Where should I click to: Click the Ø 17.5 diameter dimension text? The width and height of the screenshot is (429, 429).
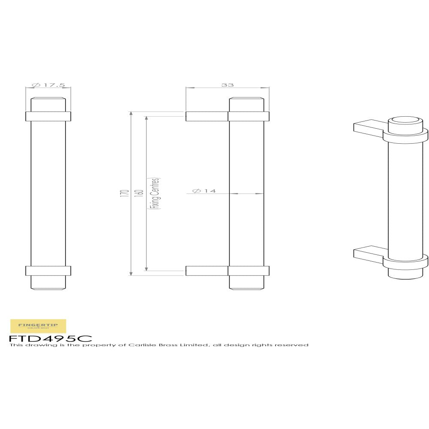(48, 85)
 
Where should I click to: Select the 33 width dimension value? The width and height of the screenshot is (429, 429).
(227, 85)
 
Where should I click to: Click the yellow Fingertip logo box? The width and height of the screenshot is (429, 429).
(38, 326)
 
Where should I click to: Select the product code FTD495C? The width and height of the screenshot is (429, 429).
(50, 338)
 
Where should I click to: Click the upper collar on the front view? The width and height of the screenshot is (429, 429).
(48, 116)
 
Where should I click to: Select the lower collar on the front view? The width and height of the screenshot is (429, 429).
(48, 271)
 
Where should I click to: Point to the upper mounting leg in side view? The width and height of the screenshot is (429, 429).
(207, 116)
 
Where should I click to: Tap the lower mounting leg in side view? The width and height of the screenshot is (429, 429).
(207, 271)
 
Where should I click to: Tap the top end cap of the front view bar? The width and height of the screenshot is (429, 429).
(48, 104)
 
